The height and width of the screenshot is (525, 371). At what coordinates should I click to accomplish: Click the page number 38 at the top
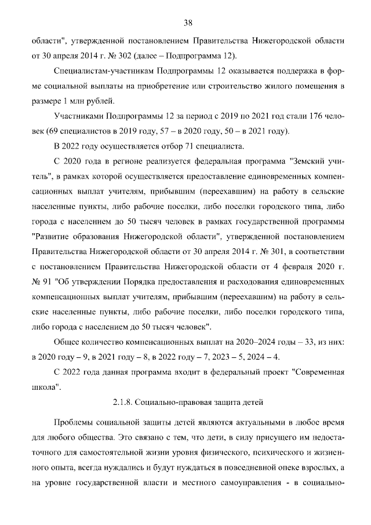(188, 23)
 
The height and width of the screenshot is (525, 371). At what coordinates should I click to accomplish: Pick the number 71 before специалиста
(184, 146)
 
